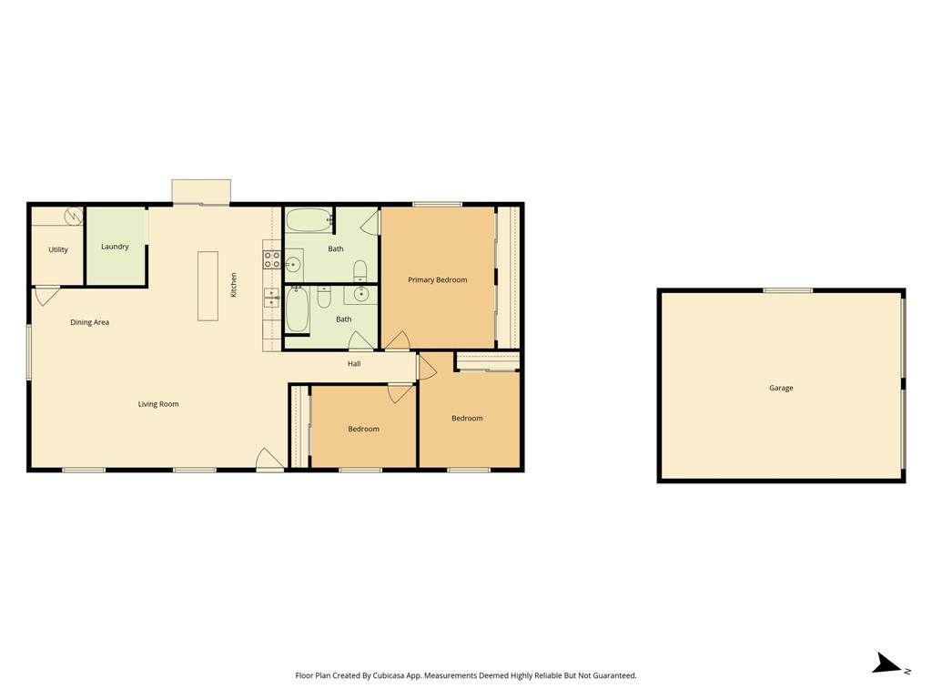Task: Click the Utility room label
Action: [x=58, y=249]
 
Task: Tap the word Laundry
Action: [x=115, y=247]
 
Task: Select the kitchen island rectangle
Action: [x=208, y=286]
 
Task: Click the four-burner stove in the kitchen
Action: [x=272, y=259]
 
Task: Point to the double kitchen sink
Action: [x=271, y=298]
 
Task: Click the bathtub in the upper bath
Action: [x=309, y=220]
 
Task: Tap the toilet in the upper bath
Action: [x=360, y=270]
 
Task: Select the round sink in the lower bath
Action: [x=360, y=294]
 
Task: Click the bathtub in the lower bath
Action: [x=298, y=309]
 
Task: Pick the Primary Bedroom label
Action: [x=438, y=280]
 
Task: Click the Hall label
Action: [x=354, y=364]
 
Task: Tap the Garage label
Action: [x=781, y=388]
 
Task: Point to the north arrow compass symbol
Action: [x=889, y=664]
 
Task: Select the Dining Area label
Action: [x=90, y=322]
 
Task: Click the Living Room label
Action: [x=158, y=404]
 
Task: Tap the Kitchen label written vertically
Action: [x=234, y=285]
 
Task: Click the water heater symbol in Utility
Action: [x=74, y=217]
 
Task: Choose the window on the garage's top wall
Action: [x=787, y=290]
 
